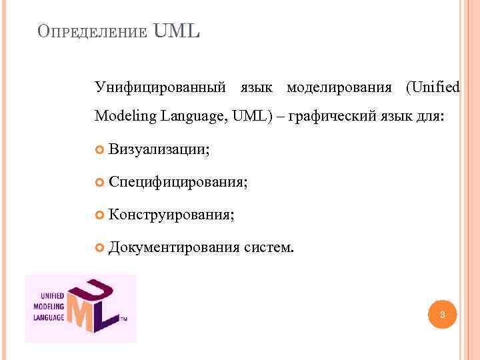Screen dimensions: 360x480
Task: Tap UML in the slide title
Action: (x=177, y=31)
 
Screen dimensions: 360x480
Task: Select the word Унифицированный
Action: (x=159, y=87)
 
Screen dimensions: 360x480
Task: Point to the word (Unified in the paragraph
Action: (x=433, y=87)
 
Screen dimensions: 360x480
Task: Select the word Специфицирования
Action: (x=178, y=181)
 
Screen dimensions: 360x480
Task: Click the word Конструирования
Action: (x=171, y=214)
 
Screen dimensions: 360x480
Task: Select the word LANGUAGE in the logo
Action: (x=49, y=317)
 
